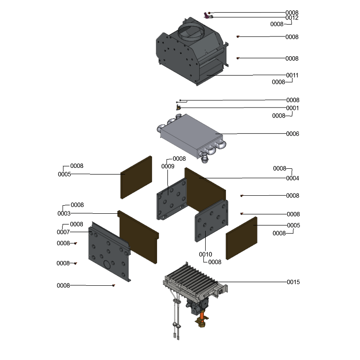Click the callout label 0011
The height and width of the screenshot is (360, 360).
click(292, 75)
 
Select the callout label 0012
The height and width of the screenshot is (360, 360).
click(292, 18)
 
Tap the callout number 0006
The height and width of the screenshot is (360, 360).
click(292, 134)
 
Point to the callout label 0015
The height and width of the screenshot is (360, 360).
click(293, 282)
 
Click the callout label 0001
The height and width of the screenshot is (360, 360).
click(292, 108)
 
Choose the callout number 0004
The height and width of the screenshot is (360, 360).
click(292, 178)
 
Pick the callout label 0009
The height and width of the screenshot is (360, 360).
click(168, 166)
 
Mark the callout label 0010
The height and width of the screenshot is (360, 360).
click(206, 254)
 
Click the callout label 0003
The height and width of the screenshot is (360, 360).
click(64, 213)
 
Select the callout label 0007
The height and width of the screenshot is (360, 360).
click(63, 232)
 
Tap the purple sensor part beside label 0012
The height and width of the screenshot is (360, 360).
click(207, 15)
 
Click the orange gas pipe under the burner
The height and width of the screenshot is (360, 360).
click(202, 315)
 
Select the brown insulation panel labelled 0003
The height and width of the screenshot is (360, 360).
click(138, 237)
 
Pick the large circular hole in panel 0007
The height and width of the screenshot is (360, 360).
click(108, 264)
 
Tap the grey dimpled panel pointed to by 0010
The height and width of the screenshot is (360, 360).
click(211, 221)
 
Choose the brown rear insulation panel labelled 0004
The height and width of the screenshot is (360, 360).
click(205, 189)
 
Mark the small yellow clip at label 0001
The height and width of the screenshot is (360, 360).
click(178, 107)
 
